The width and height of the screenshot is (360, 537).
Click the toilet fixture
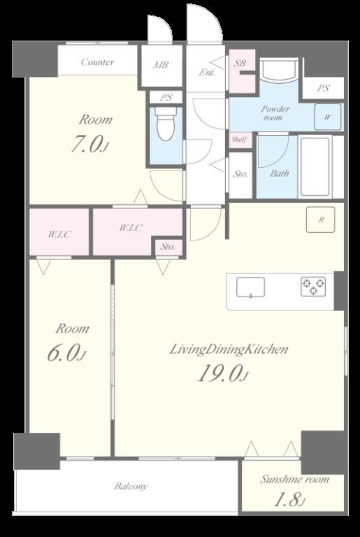coord(166,123)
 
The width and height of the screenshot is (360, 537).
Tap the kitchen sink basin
coord(250,287)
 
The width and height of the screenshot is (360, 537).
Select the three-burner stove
coord(313,287)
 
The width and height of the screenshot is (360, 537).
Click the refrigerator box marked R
coord(321,220)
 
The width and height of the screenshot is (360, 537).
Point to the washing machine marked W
coord(328,117)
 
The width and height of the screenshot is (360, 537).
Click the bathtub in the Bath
coord(315,167)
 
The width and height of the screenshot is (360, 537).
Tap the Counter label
coord(98,62)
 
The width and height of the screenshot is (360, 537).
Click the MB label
coord(161,65)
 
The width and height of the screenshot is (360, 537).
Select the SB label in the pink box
coord(240,64)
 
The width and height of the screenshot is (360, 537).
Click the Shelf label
coord(239,140)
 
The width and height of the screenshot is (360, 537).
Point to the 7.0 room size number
coord(90,144)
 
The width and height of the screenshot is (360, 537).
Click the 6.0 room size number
coord(66,353)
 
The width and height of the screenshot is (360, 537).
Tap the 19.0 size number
coord(223,373)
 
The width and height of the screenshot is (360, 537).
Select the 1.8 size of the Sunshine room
coord(290,500)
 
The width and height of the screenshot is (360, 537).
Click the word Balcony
coord(131,487)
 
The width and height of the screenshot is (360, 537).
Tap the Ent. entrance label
coord(208,73)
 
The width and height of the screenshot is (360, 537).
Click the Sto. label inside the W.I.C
coord(168,247)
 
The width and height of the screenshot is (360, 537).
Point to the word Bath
coord(279,173)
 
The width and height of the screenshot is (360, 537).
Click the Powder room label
coord(275,113)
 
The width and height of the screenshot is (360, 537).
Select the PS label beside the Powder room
coord(323,88)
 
